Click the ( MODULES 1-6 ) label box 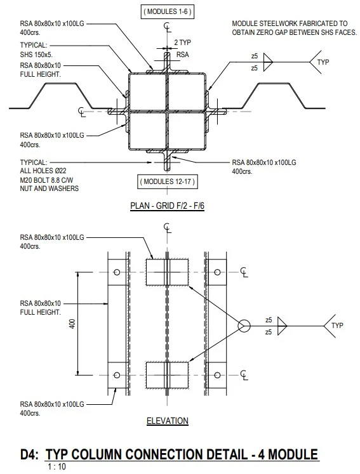click(166, 12)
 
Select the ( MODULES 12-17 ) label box click(166, 183)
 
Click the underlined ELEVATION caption click(167, 420)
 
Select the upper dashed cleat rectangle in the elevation click(167, 272)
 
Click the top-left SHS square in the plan click(147, 92)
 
